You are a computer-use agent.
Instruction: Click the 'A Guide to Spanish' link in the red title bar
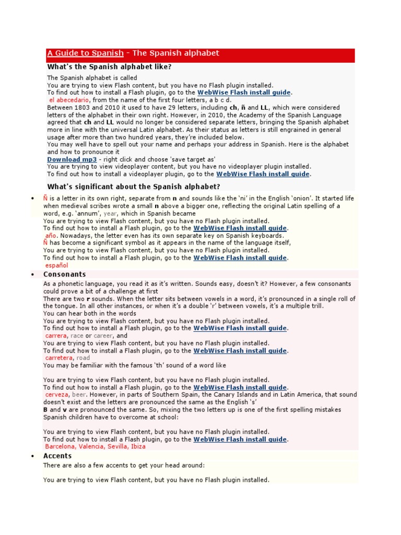point(85,53)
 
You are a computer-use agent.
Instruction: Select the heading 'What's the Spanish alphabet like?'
point(109,67)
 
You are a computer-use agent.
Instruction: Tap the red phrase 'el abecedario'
point(69,100)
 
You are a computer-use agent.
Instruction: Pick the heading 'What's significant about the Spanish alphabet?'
point(134,187)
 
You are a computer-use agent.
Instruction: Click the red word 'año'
point(51,236)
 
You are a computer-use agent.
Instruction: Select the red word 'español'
point(57,265)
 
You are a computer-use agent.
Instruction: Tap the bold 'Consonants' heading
point(64,274)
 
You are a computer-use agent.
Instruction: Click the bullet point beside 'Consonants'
point(32,275)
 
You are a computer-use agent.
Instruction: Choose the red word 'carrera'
point(56,335)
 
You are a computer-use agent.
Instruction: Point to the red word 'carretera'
point(60,358)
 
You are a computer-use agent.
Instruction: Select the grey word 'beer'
point(79,395)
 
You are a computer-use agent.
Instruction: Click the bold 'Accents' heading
point(57,456)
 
